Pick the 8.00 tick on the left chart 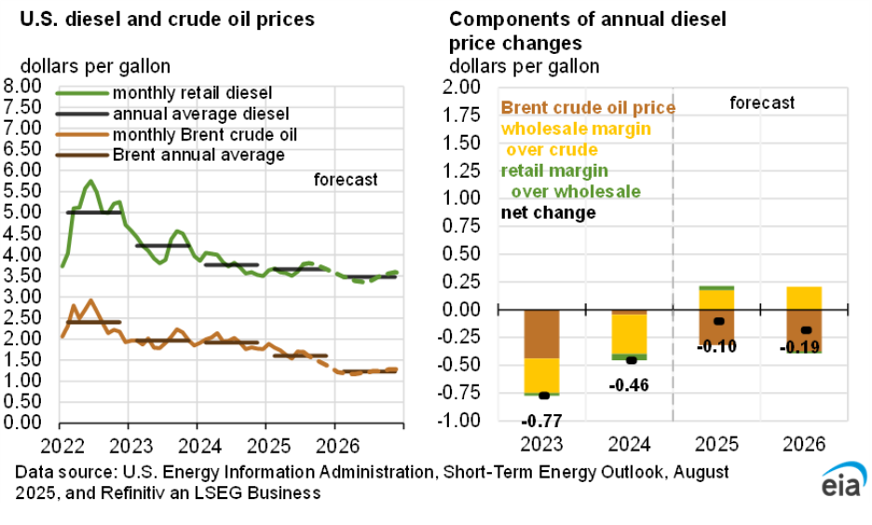tap(23, 86)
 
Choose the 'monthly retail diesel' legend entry tap(192, 93)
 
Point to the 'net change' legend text tap(548, 213)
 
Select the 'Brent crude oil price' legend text tap(588, 108)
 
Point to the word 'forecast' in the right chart tap(762, 102)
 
